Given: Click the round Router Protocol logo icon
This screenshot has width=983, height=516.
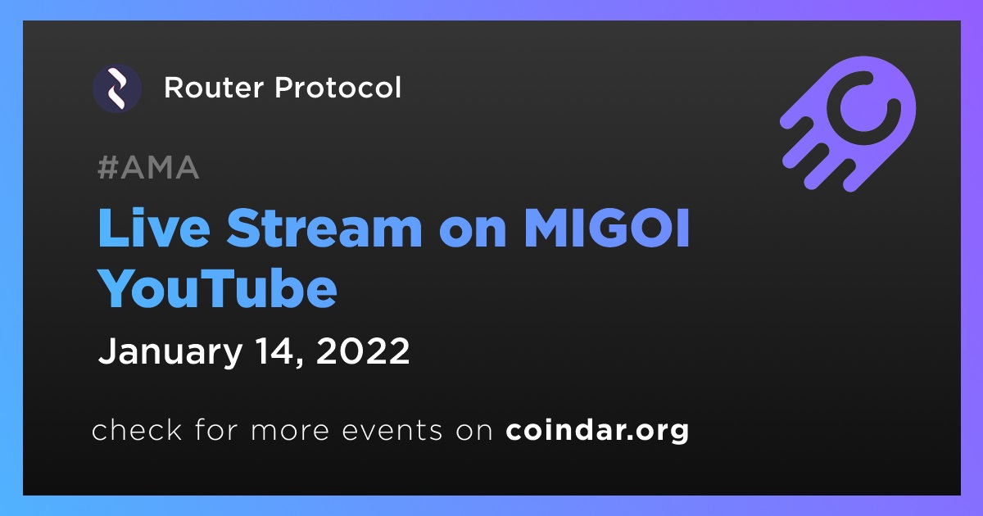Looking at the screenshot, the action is tap(117, 88).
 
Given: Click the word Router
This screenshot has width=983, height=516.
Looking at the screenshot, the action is tap(214, 88).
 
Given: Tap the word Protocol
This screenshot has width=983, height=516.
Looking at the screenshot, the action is tap(337, 88).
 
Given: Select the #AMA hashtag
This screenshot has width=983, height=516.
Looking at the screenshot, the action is tap(148, 167).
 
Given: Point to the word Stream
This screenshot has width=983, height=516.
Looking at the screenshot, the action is tap(324, 228).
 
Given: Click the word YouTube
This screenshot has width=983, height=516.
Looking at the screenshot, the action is tap(218, 287).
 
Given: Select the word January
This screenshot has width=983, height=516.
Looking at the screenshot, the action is tap(170, 352).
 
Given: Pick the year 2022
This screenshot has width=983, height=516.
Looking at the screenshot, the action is tap(362, 351).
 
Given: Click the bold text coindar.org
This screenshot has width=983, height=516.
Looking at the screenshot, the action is tap(597, 431).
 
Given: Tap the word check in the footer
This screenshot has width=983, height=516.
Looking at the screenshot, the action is tap(137, 429).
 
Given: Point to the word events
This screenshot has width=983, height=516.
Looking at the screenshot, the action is tap(392, 431).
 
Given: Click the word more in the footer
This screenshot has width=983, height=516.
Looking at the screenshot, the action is tap(290, 432).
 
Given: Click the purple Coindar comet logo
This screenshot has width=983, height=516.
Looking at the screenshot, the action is tap(848, 124).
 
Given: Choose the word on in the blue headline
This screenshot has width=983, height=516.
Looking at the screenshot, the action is tap(473, 233).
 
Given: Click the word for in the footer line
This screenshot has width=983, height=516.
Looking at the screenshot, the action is tap(216, 429).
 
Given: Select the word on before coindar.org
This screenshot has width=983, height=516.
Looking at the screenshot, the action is tap(474, 432).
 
